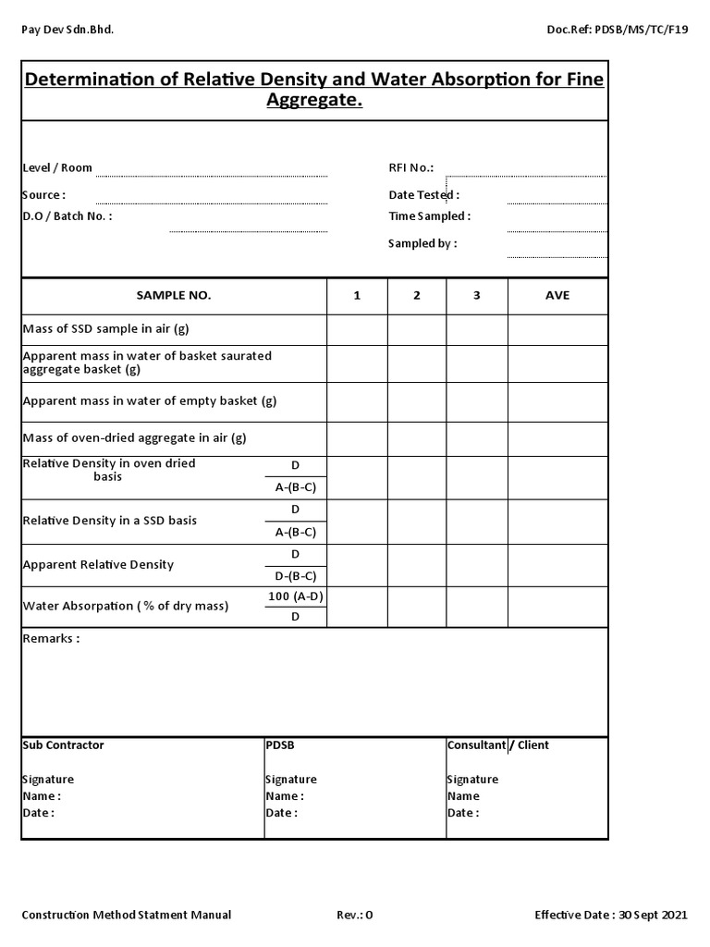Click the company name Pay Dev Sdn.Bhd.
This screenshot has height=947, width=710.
coord(67,30)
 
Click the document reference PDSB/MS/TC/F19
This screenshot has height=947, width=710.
coord(618,30)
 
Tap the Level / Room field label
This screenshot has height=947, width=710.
coord(57,167)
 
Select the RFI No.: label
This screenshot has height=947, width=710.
coord(411,167)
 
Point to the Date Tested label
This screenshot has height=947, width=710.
coord(423,195)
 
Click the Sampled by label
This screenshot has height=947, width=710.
coord(422,243)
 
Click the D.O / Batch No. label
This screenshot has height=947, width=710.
coord(67,215)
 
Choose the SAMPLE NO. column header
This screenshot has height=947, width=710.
coord(174,295)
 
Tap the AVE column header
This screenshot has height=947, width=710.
coord(557,295)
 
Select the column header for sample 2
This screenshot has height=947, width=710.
coord(417,295)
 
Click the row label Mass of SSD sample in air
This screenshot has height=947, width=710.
coord(105,328)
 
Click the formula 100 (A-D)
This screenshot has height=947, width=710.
coord(296,596)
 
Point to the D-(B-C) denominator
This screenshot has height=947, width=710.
coord(296,575)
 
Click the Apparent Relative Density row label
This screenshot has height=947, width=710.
coord(98,564)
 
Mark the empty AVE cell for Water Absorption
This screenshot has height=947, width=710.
coord(557,607)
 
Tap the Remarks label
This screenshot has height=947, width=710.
coord(51,639)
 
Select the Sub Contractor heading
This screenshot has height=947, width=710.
coord(63,744)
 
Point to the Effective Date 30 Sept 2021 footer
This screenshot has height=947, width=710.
coord(611,915)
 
